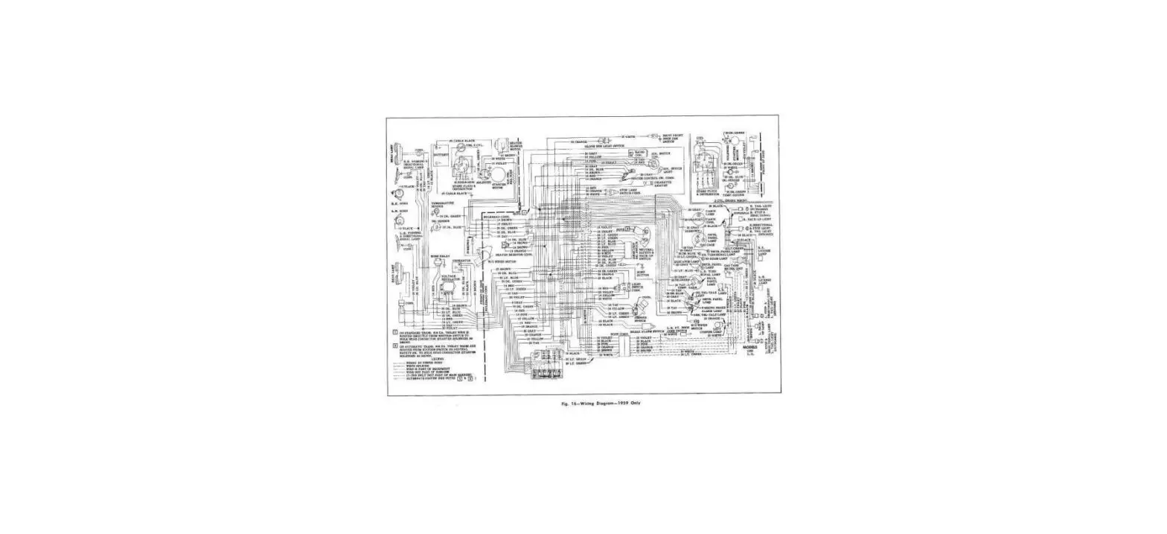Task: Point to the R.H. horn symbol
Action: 395,197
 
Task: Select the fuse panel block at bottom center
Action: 543,370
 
